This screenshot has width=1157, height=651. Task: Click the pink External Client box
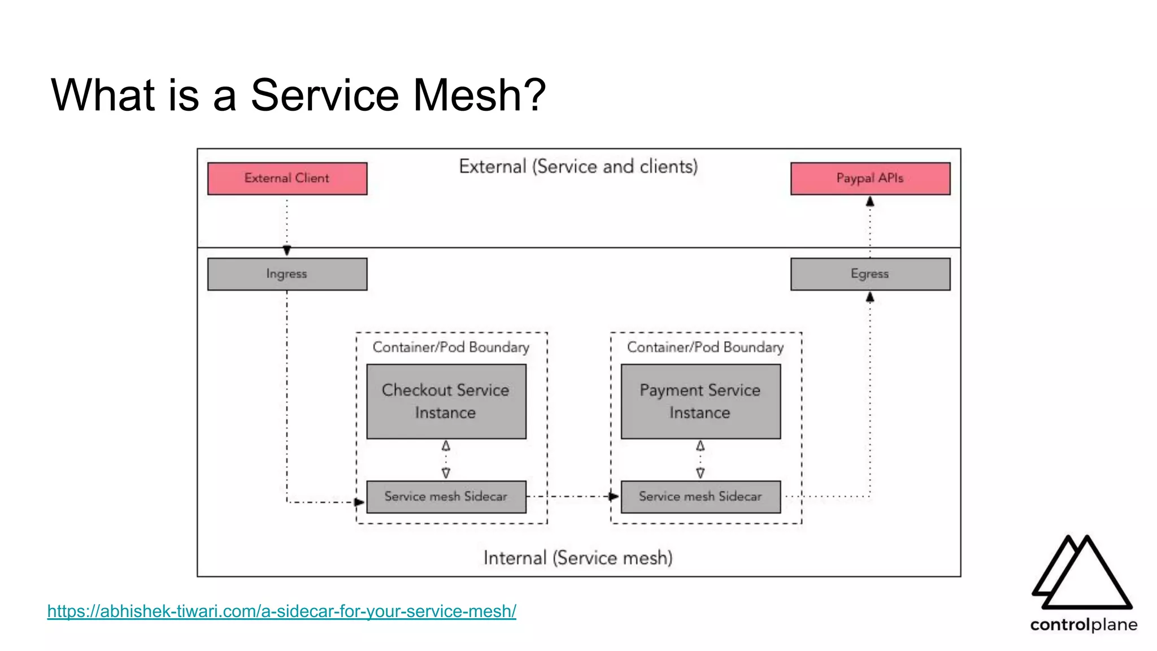point(287,179)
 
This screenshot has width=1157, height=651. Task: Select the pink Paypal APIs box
point(870,179)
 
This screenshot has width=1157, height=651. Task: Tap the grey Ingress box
point(287,274)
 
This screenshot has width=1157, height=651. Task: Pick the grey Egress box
point(870,274)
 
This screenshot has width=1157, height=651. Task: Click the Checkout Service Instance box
point(446,401)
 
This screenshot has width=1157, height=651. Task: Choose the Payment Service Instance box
point(701,401)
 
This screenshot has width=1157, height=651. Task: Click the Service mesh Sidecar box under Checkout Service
point(446,497)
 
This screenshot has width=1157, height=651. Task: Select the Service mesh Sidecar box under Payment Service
point(701,497)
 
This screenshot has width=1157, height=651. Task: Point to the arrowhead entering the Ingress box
point(287,250)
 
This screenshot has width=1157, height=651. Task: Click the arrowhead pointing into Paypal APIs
point(870,202)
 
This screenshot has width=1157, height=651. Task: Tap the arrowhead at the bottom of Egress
point(870,297)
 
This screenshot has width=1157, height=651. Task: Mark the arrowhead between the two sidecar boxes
point(614,497)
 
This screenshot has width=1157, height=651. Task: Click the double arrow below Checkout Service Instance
point(446,459)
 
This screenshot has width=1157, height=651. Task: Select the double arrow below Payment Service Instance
point(701,459)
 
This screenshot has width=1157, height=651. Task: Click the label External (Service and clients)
point(578,167)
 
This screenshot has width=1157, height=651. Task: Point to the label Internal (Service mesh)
point(578,558)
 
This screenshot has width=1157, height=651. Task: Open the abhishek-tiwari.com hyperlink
point(281,611)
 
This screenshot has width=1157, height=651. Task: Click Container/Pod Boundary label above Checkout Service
point(451,347)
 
